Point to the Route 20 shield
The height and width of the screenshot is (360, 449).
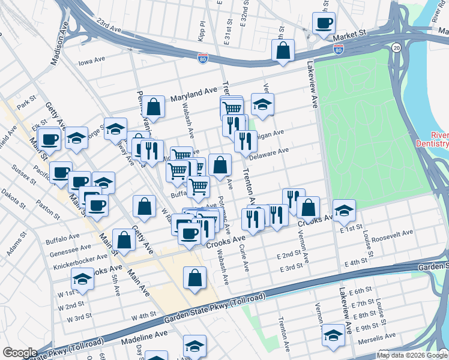point(396,47)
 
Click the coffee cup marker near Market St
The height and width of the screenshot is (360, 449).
point(324,24)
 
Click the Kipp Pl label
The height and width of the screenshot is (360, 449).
point(203,29)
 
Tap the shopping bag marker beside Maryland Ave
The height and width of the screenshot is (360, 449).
point(154,107)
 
